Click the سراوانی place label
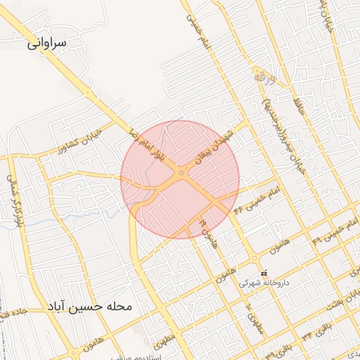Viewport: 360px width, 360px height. (46, 43)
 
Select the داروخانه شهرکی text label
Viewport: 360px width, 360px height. (263, 284)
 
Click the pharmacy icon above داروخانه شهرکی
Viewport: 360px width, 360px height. (264, 273)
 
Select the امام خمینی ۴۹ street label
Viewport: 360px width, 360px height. (328, 228)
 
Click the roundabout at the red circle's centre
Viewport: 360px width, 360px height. (181, 172)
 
